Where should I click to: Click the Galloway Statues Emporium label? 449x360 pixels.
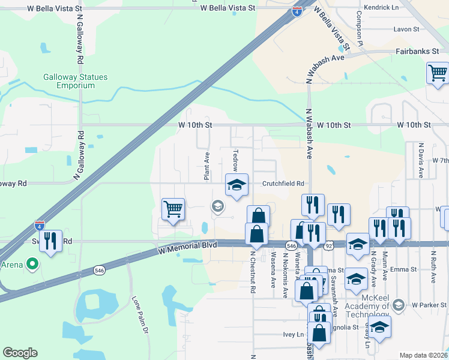[68, 81]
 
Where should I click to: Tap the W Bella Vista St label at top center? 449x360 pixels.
[228, 8]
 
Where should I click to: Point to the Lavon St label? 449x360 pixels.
[406, 29]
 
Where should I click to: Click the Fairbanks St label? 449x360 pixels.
[417, 52]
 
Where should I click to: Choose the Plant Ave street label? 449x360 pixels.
[206, 166]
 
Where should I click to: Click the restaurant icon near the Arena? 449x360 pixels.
[50, 241]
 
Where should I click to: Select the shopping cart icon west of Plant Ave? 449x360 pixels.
[173, 210]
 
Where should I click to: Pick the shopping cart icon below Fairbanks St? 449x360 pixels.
[438, 74]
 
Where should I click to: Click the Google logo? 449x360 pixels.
[20, 353]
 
